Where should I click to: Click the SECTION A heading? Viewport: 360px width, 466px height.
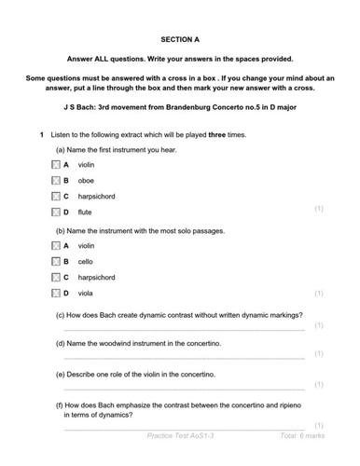[x=180, y=40]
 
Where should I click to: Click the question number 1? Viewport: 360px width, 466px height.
[x=41, y=135]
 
